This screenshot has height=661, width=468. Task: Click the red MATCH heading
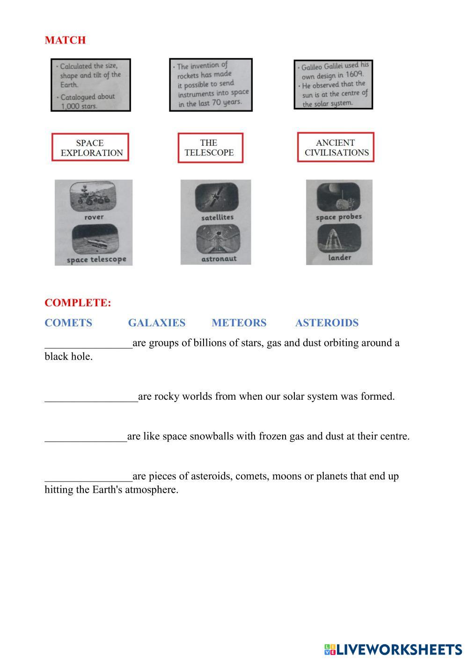pyautogui.click(x=65, y=40)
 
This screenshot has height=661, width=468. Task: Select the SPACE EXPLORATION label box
pyautogui.click(x=90, y=148)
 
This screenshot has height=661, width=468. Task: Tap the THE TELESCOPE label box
pyautogui.click(x=210, y=148)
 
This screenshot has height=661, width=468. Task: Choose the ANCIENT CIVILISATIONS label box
pyautogui.click(x=336, y=147)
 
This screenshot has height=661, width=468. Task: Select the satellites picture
pyautogui.click(x=216, y=198)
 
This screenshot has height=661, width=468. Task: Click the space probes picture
pyautogui.click(x=338, y=198)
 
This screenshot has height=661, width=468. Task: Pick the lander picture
pyautogui.click(x=339, y=239)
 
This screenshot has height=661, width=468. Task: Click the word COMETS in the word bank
pyautogui.click(x=68, y=323)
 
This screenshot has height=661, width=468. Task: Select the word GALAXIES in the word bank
pyautogui.click(x=156, y=323)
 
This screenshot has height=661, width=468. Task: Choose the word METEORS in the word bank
pyautogui.click(x=239, y=323)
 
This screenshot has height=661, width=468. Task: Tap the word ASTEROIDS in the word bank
pyautogui.click(x=327, y=323)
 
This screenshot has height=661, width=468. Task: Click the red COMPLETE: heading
pyautogui.click(x=78, y=303)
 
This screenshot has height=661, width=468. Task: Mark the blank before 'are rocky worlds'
pyautogui.click(x=91, y=397)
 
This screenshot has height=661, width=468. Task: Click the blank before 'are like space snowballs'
pyautogui.click(x=86, y=437)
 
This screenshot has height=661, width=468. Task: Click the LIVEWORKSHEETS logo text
pyautogui.click(x=398, y=649)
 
